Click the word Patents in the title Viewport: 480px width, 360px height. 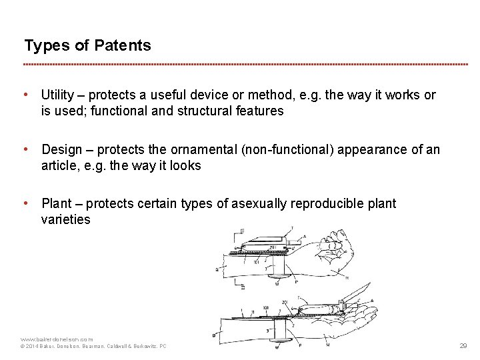[x=123, y=46]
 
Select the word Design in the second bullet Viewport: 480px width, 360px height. [x=61, y=150]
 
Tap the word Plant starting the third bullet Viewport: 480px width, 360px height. [x=56, y=204]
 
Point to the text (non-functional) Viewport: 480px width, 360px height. [x=301, y=150]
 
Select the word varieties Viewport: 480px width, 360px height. [x=65, y=220]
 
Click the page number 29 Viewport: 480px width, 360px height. [x=463, y=346]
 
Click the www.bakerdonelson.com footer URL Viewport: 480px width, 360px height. [x=57, y=339]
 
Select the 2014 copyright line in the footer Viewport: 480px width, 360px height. [x=93, y=347]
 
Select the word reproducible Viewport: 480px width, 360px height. [x=324, y=204]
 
